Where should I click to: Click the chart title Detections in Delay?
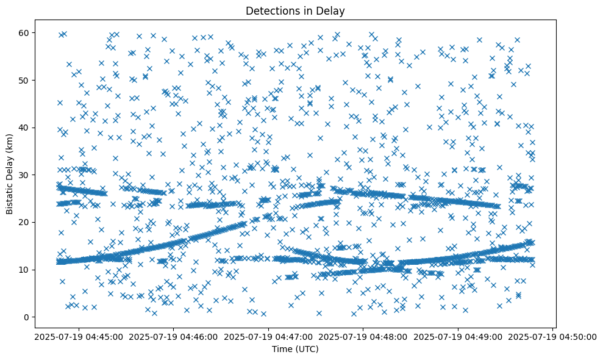(295, 10)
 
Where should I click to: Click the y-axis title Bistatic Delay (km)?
(10, 169)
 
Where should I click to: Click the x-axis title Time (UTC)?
(295, 349)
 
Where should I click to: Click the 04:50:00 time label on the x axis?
(552, 336)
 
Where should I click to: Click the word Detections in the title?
(272, 10)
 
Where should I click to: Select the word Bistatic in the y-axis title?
(10, 195)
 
